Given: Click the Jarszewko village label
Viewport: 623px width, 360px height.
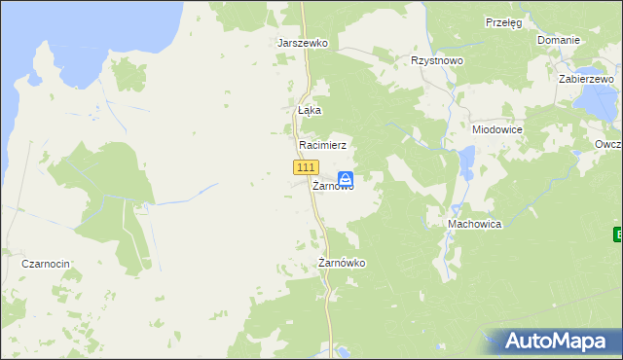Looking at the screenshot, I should tap(303, 44).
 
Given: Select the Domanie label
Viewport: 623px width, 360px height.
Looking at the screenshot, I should tap(559, 40).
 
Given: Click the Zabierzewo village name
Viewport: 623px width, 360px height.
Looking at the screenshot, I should tap(586, 79).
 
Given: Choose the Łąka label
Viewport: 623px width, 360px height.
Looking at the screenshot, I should tap(309, 111).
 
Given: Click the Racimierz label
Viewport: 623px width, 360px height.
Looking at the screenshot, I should tap(322, 144).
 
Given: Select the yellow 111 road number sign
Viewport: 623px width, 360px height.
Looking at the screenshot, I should tap(304, 167).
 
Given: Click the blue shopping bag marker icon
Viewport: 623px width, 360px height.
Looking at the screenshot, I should tap(345, 179).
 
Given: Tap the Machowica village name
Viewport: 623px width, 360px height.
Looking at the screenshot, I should tap(474, 224).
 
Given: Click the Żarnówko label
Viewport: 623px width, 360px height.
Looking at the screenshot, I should tap(342, 264).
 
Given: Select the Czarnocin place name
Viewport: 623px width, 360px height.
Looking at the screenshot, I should tap(48, 264).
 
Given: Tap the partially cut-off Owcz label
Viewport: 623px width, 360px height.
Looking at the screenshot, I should tap(607, 144).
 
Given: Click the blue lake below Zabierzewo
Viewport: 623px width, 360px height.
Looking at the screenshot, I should tap(591, 99).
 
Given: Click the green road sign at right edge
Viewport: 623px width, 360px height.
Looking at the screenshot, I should tap(618, 234).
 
